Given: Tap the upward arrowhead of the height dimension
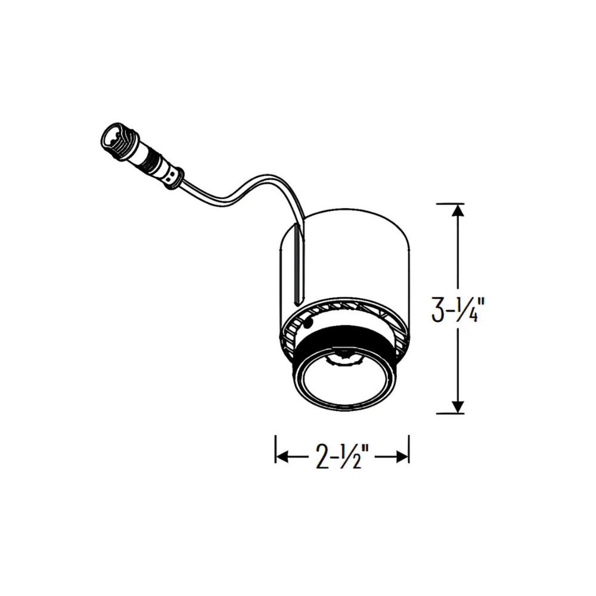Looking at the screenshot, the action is (458, 210).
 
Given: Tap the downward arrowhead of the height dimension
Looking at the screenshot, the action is (458, 406).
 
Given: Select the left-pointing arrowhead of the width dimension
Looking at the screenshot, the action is (283, 457).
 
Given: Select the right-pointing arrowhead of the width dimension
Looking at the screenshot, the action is (402, 457).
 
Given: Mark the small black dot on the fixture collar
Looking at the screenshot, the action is (309, 323).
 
